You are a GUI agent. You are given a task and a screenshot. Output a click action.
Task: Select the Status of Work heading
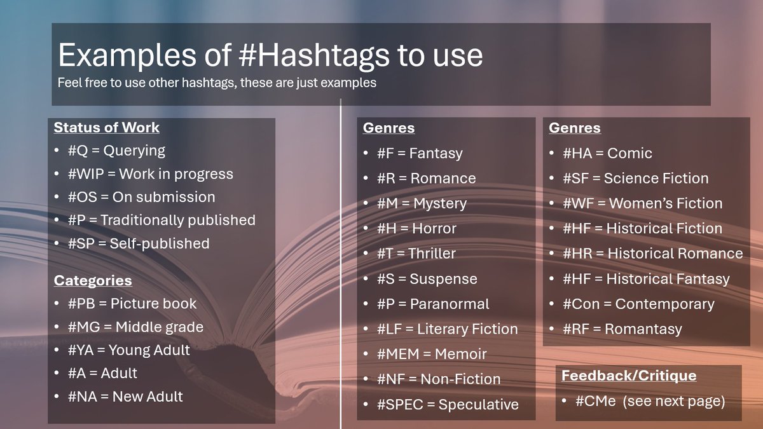106,128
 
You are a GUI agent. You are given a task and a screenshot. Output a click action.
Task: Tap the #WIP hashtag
87,174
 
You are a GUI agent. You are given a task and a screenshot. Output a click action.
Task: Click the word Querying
134,151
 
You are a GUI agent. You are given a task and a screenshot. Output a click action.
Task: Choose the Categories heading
93,280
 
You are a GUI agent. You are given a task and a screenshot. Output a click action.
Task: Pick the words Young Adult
149,350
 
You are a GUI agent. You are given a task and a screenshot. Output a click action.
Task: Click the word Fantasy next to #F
436,154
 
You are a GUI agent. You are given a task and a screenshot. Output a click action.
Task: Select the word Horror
434,229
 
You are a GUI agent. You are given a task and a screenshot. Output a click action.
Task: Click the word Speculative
478,404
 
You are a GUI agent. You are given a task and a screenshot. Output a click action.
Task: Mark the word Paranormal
449,304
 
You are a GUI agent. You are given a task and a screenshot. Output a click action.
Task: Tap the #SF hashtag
577,179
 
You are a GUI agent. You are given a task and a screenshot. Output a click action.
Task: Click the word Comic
629,154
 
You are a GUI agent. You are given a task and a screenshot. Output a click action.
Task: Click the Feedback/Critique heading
629,376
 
